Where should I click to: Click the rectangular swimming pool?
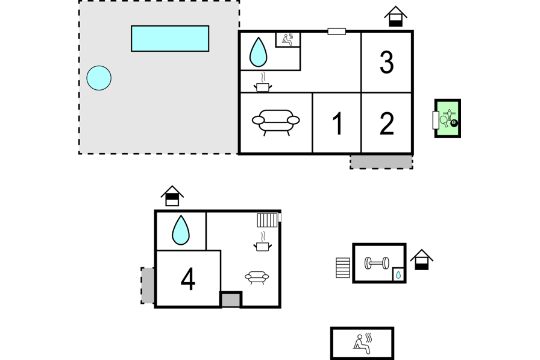[170, 38]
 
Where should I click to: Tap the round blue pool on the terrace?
[99, 78]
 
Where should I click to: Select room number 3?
[387, 62]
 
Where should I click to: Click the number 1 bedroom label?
[337, 123]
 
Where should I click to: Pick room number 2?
[387, 123]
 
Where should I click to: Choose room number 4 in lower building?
[188, 279]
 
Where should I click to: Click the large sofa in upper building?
[275, 121]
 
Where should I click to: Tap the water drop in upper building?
[259, 52]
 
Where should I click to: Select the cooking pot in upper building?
[262, 86]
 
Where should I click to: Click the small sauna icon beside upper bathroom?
[288, 40]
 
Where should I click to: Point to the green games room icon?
[448, 118]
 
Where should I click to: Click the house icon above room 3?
[395, 16]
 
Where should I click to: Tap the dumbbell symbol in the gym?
[377, 264]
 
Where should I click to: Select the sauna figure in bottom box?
[362, 343]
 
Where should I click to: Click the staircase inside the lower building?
[267, 219]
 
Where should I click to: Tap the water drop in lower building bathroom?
[181, 230]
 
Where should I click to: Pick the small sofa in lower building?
[257, 277]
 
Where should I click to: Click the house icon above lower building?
[172, 196]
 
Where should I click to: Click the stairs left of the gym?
[343, 268]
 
